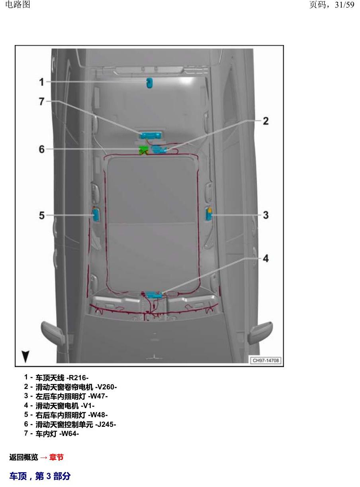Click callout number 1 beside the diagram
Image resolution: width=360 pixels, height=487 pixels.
pyautogui.click(x=41, y=82)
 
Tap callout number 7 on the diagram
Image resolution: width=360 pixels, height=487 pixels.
pyautogui.click(x=42, y=102)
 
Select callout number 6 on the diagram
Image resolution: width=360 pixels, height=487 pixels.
pyautogui.click(x=42, y=149)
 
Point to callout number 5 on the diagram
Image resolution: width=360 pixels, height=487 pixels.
pyautogui.click(x=42, y=215)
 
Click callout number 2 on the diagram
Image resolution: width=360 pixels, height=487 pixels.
pyautogui.click(x=266, y=121)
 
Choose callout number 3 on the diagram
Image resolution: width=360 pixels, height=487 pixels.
pyautogui.click(x=266, y=215)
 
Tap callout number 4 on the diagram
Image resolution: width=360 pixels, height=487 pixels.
pyautogui.click(x=266, y=259)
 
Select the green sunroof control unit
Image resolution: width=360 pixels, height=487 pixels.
pyautogui.click(x=143, y=150)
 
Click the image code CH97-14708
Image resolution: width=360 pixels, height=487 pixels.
pyautogui.click(x=266, y=360)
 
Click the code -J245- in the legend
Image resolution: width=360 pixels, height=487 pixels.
pyautogui.click(x=106, y=424)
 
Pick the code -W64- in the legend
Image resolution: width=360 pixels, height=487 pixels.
pyautogui.click(x=69, y=434)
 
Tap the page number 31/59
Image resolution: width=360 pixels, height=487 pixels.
pyautogui.click(x=344, y=5)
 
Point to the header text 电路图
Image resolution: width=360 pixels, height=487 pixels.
pyautogui.click(x=18, y=4)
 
